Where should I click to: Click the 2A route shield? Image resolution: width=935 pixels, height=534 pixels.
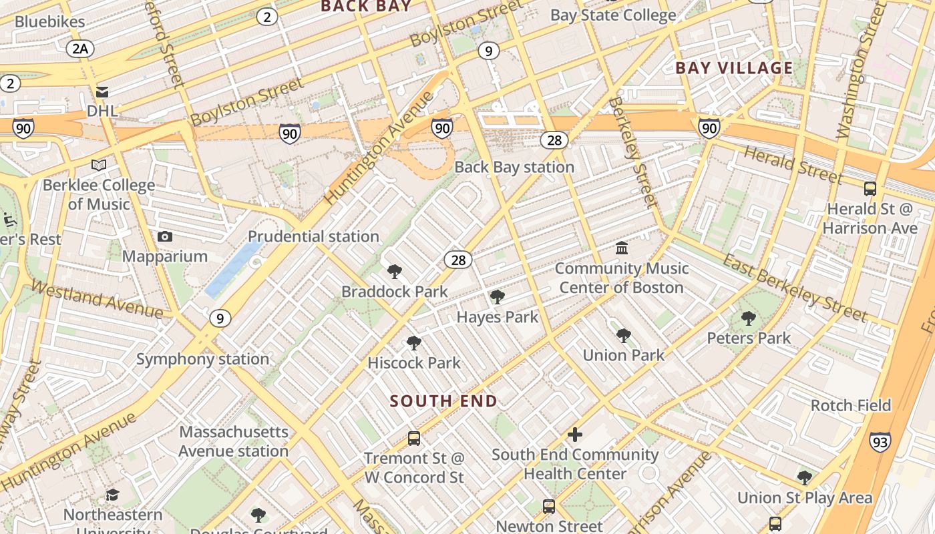(80, 48)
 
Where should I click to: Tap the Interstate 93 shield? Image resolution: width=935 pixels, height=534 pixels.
(880, 441)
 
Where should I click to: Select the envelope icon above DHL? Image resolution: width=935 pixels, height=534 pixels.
(102, 91)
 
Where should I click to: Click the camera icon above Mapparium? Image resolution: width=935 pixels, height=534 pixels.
(165, 237)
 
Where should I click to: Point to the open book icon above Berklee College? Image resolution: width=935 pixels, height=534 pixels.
(99, 165)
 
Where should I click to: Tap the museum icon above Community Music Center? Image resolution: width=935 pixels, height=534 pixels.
(622, 248)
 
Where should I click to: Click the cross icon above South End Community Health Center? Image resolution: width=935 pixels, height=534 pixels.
(574, 435)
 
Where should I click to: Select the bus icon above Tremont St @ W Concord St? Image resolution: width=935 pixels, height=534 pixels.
(414, 439)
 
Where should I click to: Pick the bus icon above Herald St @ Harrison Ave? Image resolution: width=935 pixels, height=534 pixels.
(870, 189)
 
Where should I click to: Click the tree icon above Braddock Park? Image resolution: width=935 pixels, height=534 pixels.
(395, 272)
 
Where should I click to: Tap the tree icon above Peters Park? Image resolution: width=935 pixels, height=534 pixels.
(749, 318)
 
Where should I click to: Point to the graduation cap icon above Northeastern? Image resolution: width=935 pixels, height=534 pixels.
(113, 495)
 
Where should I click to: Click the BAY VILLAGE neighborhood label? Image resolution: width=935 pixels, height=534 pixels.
(734, 68)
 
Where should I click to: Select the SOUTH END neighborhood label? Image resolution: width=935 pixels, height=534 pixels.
(443, 401)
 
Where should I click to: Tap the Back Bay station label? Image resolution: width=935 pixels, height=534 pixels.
(514, 167)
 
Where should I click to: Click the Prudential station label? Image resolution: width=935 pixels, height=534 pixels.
(313, 236)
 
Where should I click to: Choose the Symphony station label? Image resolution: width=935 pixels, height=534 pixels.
(202, 359)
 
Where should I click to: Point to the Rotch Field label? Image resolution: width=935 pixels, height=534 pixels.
(851, 405)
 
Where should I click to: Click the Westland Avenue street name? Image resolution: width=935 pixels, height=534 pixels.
(97, 300)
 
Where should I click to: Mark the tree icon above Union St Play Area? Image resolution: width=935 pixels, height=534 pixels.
(805, 478)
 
